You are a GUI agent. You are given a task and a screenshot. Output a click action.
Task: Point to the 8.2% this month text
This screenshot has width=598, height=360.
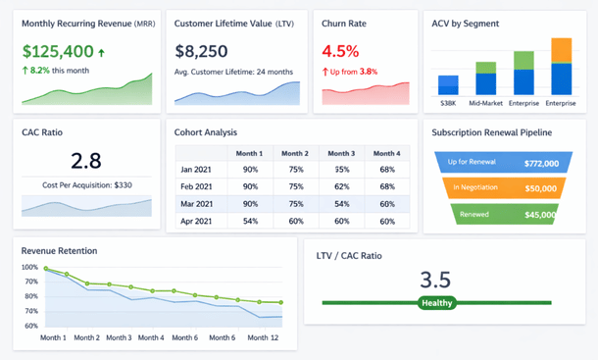coord(57,71)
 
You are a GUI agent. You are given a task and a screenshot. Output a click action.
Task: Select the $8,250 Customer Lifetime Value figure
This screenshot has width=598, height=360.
coord(202,51)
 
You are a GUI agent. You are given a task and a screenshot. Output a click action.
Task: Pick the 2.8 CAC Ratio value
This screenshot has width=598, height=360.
coord(86,161)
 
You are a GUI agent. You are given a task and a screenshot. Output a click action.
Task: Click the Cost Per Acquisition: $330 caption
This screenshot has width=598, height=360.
coord(86,184)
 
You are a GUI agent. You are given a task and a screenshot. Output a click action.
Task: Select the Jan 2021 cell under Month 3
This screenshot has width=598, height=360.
coord(341,170)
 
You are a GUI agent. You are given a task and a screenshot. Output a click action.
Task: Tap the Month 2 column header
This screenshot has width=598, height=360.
coord(293,153)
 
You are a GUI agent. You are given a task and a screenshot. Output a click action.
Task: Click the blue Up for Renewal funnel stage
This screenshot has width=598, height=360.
coord(501,163)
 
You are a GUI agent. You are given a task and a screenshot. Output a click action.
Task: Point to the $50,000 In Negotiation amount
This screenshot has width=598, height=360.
coord(540,187)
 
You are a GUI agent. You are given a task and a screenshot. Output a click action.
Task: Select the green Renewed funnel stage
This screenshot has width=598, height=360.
coord(501,214)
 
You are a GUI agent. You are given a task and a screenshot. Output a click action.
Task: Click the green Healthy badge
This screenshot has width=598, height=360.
coord(436,303)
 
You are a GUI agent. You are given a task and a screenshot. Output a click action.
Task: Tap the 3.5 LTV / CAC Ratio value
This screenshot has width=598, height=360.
coord(436,279)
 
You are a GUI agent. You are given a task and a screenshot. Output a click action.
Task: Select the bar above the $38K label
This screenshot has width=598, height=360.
coord(449,84)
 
